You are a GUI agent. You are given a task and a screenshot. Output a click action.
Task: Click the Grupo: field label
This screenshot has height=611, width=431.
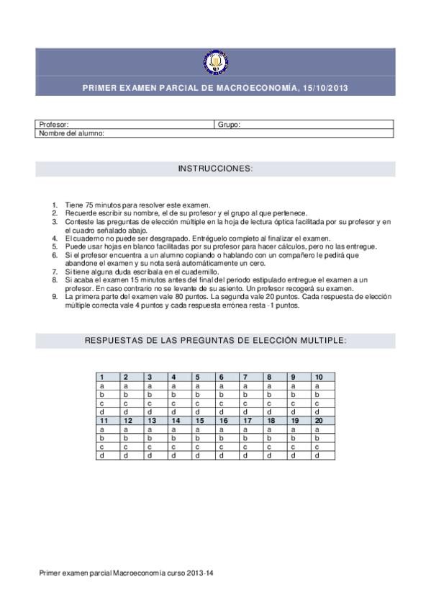coord(229,125)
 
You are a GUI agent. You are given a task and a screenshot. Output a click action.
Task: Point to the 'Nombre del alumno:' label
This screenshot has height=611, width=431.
coord(72,133)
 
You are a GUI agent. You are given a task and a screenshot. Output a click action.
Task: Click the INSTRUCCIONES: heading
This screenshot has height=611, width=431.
coord(215,169)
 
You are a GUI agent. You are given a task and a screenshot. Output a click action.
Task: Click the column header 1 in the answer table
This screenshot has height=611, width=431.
coord(102,377)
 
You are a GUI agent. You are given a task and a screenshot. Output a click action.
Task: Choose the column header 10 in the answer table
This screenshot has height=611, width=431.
coord(319,377)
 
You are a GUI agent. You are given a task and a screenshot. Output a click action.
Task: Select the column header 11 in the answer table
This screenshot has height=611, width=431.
coord(104,421)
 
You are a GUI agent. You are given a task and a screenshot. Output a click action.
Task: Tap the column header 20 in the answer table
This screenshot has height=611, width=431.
coord(319,421)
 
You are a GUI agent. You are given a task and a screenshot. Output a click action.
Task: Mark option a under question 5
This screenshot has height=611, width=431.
coord(198,386)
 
